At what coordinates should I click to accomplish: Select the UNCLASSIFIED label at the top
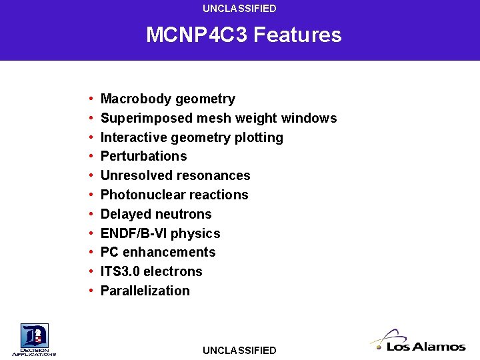pos(239,9)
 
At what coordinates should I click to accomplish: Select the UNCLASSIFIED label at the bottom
pos(239,350)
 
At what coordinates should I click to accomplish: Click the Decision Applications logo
pos(34,339)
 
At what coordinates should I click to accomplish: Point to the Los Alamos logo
pos(418,341)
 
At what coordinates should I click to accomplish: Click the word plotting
pos(259,137)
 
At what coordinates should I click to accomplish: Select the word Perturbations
pos(143,156)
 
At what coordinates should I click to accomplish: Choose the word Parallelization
pos(145,291)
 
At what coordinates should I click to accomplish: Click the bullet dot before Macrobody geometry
pos(89,99)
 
